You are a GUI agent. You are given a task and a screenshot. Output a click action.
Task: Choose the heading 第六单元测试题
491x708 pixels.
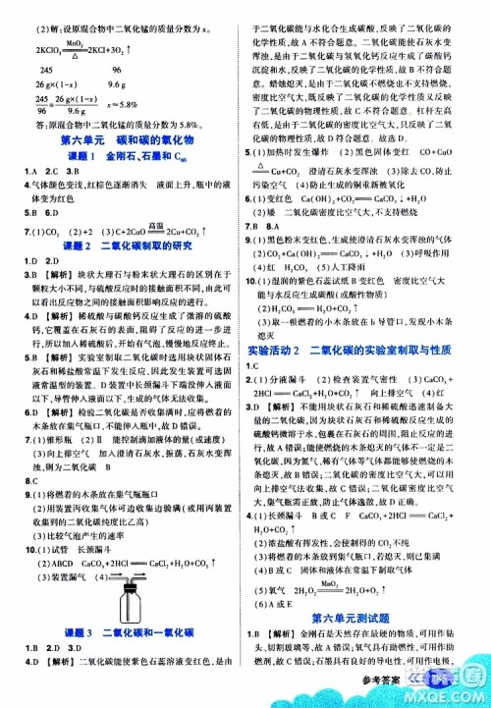tap(369, 616)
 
